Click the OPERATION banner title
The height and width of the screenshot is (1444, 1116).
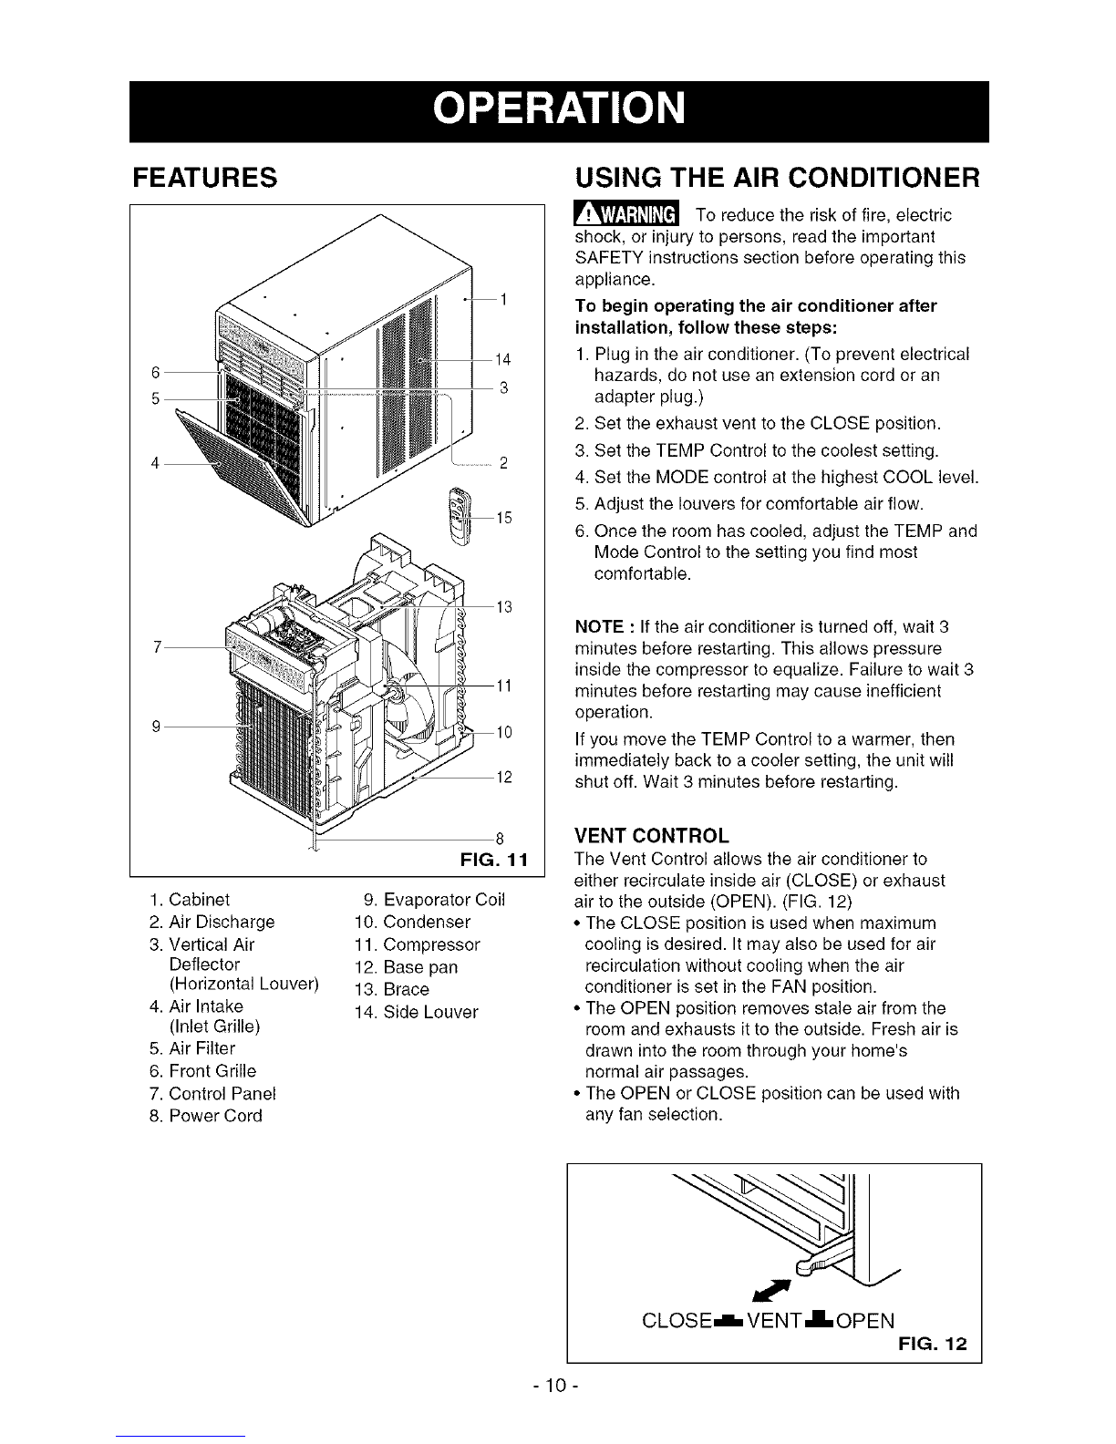558,108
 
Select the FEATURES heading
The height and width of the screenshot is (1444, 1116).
205,178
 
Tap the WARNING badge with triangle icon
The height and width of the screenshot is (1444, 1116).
626,214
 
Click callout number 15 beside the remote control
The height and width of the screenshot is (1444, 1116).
504,517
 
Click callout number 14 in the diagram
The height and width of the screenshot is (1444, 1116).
502,359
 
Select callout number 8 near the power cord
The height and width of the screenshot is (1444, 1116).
500,840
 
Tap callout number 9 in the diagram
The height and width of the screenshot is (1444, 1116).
156,727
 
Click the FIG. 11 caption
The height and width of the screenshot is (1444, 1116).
494,860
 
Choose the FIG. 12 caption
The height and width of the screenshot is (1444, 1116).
933,1345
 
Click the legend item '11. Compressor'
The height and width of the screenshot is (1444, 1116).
417,944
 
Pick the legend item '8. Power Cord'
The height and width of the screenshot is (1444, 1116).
205,1116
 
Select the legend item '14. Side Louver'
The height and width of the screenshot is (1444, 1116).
416,1012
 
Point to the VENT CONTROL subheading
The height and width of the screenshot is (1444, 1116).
651,835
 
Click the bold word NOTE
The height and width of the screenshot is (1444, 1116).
600,626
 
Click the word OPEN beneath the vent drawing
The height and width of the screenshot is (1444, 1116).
864,1320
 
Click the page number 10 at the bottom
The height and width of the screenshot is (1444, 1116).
557,1386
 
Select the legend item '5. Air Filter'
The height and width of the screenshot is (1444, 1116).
192,1048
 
